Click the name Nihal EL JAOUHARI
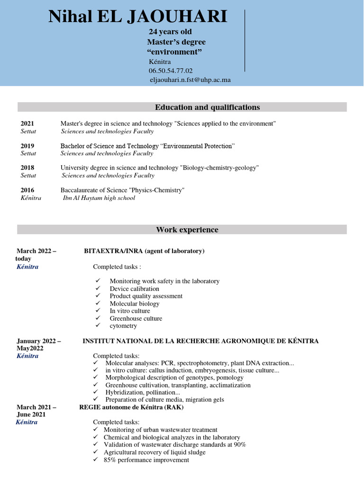point(138,17)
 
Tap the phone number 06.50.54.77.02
point(171,71)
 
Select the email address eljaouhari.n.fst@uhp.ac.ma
point(190,80)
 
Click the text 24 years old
point(170,32)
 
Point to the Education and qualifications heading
point(208,107)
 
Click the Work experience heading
point(187,230)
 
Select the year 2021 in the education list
point(27,124)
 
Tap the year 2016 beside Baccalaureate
point(27,190)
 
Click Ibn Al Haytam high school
point(99,198)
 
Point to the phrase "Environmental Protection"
point(199,146)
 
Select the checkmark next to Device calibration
point(98,288)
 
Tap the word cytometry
point(123,326)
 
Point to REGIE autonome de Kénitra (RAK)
point(131,407)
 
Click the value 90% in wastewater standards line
point(239,445)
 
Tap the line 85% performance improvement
point(146,460)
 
